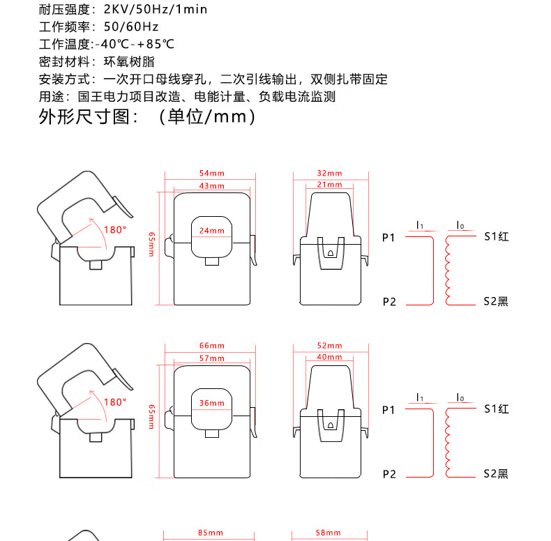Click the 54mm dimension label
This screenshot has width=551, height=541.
pos(211,172)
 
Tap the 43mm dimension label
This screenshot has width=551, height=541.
pos(211,186)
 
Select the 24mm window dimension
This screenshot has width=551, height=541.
pos(211,231)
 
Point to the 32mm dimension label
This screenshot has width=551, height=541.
pos(329,172)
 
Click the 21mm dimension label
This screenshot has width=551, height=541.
pos(329,185)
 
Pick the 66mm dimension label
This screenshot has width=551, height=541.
pos(211,346)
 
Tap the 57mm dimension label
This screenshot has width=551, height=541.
pos(211,358)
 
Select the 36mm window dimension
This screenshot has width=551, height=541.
pos(211,403)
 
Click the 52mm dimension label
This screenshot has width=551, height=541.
pos(329,346)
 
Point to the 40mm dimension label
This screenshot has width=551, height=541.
pos(329,357)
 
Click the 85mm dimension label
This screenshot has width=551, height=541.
pos(211,533)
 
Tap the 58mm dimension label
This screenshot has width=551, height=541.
pos(329,533)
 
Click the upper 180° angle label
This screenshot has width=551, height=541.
pos(115,229)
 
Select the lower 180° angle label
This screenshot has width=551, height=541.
pos(115,402)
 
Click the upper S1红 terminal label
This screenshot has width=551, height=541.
pos(497,237)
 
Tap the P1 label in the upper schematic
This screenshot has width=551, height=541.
pos(389,238)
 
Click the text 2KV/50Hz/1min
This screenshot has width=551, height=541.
pos(155,10)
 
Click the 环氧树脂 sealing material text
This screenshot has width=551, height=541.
pos(126,61)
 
